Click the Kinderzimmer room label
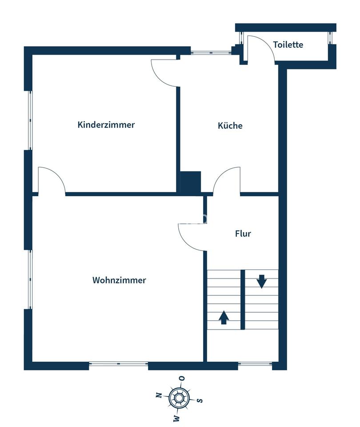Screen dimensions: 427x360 point(106,125)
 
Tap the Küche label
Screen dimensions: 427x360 point(230,125)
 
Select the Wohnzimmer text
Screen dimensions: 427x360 point(119,280)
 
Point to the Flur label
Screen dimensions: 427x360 point(243,233)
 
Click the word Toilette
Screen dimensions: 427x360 point(288,44)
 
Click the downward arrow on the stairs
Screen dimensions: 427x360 point(261,282)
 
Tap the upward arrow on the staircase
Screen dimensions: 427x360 point(224,317)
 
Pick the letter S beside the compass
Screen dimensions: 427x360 point(200,400)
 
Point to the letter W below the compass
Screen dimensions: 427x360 point(176,418)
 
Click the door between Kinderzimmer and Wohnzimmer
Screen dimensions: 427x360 point(51,180)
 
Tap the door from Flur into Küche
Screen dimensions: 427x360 point(227,180)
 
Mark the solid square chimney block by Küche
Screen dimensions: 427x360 point(190,182)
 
